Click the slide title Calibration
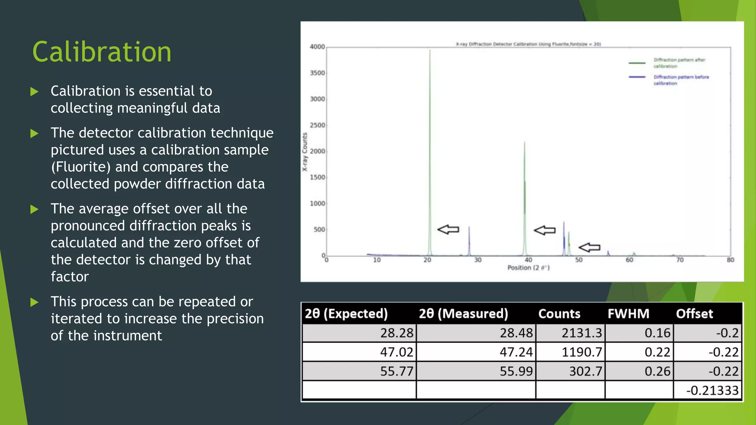coord(102,52)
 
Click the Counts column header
coord(559,314)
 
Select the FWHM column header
coord(628,314)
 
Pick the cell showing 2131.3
coord(581,333)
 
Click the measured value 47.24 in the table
coord(516,352)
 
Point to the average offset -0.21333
coord(712,390)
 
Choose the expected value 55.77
coord(396,371)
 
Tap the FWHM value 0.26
coord(657,371)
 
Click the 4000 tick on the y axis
coord(317,47)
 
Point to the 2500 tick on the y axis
coord(317,125)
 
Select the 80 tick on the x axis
coord(731,260)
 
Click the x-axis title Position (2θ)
coord(528,268)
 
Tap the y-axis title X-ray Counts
coord(305,152)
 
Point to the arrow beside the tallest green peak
coord(448,229)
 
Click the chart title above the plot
coord(528,44)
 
